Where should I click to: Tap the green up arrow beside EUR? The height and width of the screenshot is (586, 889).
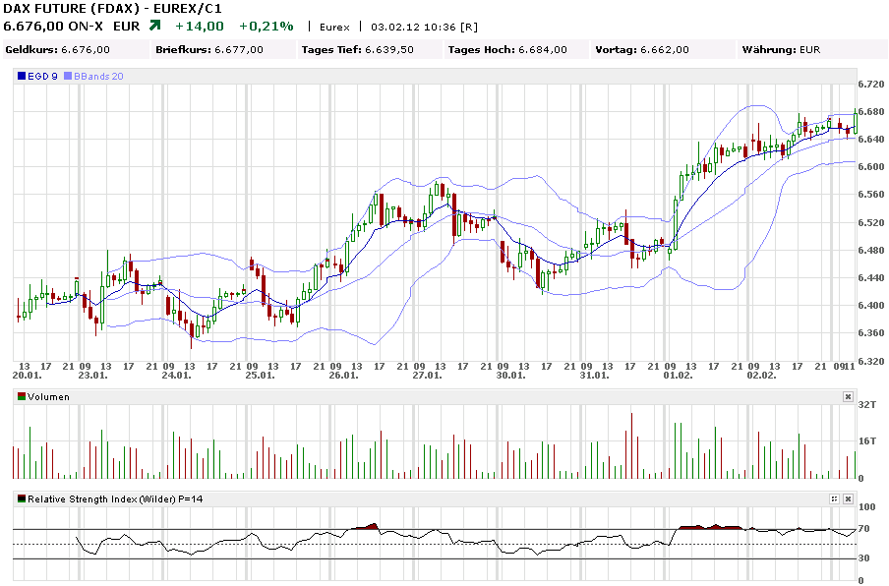click(154, 26)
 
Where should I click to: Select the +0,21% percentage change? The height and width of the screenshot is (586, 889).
click(266, 26)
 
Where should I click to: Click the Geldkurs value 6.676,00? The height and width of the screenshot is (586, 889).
click(86, 49)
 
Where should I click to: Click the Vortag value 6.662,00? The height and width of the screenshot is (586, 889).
click(664, 49)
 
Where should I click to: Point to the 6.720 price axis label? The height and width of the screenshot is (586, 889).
click(870, 84)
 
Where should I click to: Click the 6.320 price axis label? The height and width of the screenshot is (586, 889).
click(870, 361)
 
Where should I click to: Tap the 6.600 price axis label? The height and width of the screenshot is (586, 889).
click(870, 167)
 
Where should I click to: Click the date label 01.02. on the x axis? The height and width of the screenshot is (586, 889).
click(679, 375)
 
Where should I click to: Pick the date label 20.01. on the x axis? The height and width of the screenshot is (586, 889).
click(27, 375)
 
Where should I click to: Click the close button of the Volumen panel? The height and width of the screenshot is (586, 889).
click(848, 396)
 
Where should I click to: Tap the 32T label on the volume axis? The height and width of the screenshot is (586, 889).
click(867, 404)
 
